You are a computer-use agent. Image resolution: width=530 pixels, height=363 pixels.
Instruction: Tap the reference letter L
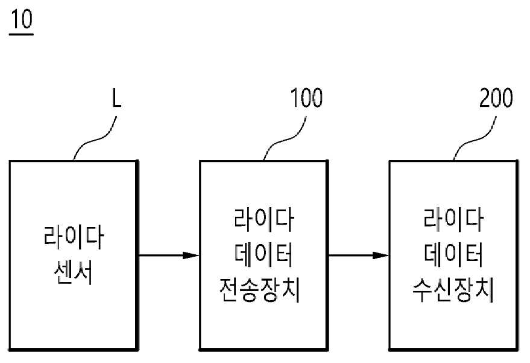[x=116, y=98]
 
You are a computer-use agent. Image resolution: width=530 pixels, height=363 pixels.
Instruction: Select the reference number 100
[x=306, y=98]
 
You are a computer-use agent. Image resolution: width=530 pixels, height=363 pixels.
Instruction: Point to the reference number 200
[x=496, y=98]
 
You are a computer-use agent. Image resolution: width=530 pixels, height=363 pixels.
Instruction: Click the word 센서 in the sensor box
[x=74, y=272]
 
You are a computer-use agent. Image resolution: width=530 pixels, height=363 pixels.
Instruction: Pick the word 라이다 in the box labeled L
[x=74, y=237]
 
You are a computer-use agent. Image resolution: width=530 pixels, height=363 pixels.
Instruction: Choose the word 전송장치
[x=260, y=290]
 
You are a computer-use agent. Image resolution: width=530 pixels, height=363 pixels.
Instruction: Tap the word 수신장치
[x=453, y=290]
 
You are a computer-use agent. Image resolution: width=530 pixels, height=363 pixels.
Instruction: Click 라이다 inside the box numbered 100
[x=263, y=220]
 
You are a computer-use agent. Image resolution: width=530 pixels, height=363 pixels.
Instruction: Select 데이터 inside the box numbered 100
[x=263, y=255]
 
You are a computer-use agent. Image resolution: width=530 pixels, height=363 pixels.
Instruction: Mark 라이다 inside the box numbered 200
[x=453, y=220]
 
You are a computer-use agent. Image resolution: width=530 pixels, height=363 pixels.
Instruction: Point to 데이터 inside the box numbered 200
[x=453, y=255]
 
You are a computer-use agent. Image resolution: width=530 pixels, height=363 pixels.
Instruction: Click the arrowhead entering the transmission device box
[x=191, y=255]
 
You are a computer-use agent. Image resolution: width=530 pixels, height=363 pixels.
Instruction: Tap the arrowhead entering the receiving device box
[x=381, y=255]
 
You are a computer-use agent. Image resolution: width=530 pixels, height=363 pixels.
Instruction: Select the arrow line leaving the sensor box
[x=169, y=255]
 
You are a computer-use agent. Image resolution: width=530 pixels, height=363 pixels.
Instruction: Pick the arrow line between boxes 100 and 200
[x=359, y=255]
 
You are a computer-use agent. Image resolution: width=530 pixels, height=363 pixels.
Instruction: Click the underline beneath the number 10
[x=21, y=34]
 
